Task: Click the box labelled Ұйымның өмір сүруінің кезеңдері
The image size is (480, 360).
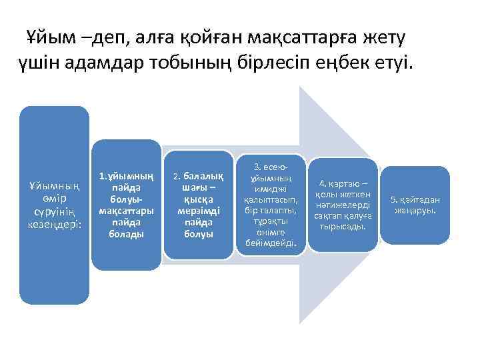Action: click(x=54, y=205)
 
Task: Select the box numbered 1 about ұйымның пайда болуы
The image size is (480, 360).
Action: click(x=126, y=205)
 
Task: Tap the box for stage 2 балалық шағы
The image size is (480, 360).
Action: click(x=198, y=205)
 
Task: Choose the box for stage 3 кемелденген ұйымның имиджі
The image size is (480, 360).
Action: click(x=271, y=205)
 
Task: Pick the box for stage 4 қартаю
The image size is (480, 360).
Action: click(x=343, y=205)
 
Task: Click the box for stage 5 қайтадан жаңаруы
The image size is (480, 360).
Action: click(x=415, y=205)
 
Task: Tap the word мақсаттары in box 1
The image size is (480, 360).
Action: click(x=126, y=211)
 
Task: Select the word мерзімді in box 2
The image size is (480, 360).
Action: click(x=198, y=211)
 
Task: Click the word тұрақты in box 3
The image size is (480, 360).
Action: click(x=271, y=221)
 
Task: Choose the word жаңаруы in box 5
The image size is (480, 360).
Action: click(x=415, y=211)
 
